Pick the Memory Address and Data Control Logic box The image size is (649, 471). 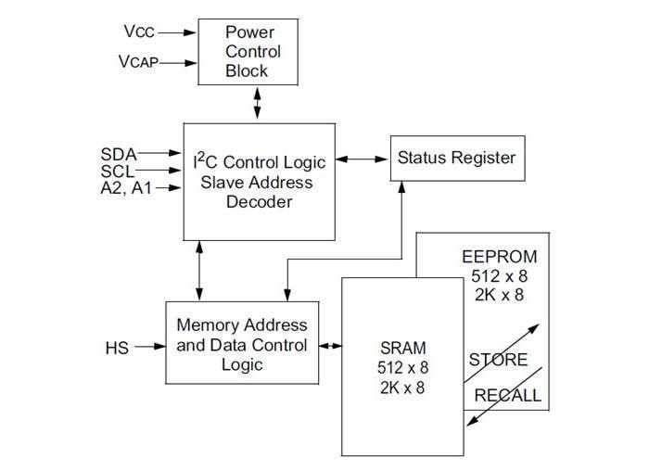pyautogui.click(x=242, y=343)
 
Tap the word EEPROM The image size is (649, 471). pyautogui.click(x=499, y=256)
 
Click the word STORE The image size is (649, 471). pyautogui.click(x=497, y=360)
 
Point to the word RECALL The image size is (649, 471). pyautogui.click(x=507, y=396)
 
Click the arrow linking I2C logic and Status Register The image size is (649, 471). pyautogui.click(x=362, y=159)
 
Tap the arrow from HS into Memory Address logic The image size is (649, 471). pyautogui.click(x=147, y=348)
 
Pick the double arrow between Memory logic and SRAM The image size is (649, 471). pyautogui.click(x=331, y=348)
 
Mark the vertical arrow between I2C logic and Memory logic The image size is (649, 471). pyautogui.click(x=200, y=271)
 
